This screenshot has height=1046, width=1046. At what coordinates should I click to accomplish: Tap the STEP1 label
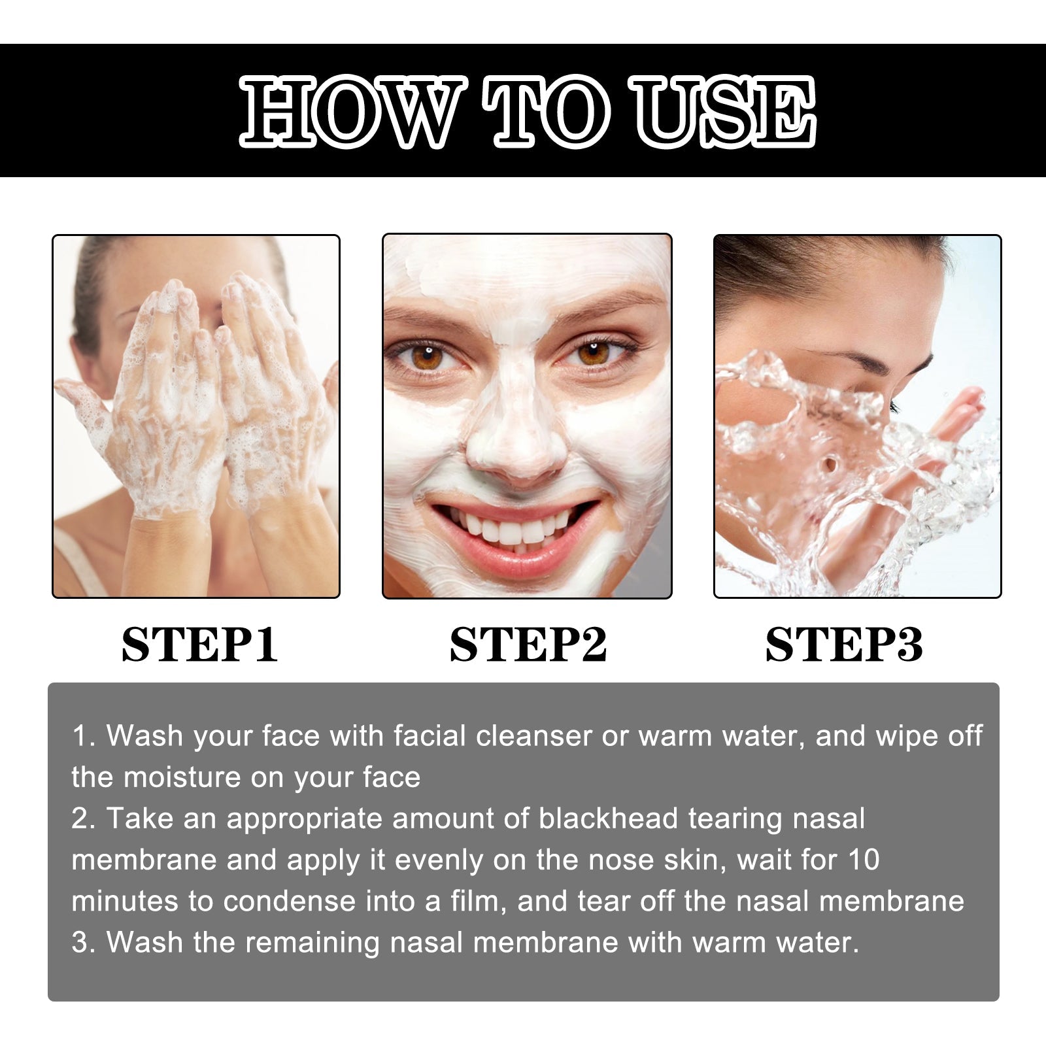(x=200, y=645)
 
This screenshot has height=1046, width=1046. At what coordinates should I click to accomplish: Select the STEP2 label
(x=528, y=645)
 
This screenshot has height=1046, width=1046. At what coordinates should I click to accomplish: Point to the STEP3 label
(x=844, y=645)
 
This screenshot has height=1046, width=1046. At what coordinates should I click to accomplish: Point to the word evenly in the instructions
(x=439, y=860)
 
